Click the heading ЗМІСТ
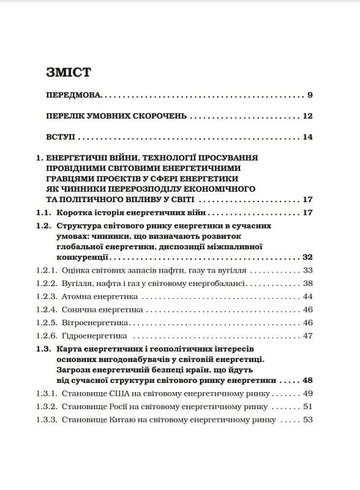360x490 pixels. tap(68, 72)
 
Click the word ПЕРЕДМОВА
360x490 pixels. tap(73, 96)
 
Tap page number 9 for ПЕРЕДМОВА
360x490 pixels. tap(310, 96)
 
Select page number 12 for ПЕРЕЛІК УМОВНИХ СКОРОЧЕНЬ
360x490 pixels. tap(307, 116)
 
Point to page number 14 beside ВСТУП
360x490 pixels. tap(307, 137)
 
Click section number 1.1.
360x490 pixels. tap(44, 213)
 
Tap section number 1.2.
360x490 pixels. tap(44, 226)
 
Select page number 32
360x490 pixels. tap(307, 257)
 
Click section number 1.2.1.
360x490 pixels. tap(47, 270)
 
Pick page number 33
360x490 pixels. tap(307, 270)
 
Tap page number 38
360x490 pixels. tap(307, 283)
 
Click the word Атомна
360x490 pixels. tap(77, 296)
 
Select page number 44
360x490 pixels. tap(307, 296)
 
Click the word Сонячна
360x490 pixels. tap(78, 310)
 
